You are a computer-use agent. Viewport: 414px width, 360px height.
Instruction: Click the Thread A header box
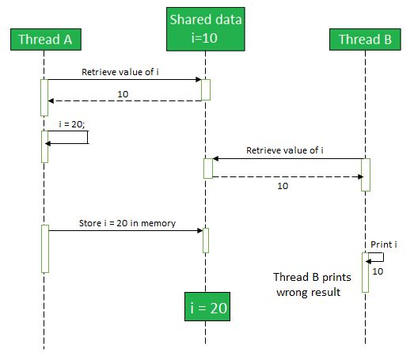point(46,40)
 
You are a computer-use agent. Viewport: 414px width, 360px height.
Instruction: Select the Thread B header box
point(365,40)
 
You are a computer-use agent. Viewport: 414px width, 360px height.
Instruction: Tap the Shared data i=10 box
point(206,29)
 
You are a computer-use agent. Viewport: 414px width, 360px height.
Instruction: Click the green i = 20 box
point(207,307)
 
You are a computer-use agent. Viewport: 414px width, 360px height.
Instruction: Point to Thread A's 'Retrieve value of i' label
point(120,72)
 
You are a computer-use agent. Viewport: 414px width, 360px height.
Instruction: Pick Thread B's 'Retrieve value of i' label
point(285,150)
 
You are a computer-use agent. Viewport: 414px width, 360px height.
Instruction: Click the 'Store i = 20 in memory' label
point(127,223)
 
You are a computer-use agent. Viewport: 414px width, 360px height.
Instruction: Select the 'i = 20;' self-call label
point(72,124)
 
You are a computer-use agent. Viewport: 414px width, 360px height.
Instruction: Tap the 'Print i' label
point(384,244)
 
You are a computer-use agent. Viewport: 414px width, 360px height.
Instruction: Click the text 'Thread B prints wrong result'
point(312,285)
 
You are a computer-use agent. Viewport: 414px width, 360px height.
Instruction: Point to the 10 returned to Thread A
point(123,94)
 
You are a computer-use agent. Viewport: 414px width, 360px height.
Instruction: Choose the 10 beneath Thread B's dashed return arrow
point(283,186)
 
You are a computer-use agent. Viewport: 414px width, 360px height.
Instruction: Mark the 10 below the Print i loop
point(378,271)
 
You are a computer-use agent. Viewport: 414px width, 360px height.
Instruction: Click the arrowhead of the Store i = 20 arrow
point(200,231)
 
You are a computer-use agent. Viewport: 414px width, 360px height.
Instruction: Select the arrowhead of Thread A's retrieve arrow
point(198,79)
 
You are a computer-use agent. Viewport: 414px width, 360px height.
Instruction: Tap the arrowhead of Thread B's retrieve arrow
point(215,158)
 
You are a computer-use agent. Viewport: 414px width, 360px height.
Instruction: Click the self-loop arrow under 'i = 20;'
point(88,137)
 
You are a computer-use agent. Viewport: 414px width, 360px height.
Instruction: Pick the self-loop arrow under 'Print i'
point(383,257)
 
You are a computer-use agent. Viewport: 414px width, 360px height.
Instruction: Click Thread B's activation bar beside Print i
point(365,273)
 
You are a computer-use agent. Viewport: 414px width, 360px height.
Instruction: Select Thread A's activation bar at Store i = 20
point(45,248)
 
